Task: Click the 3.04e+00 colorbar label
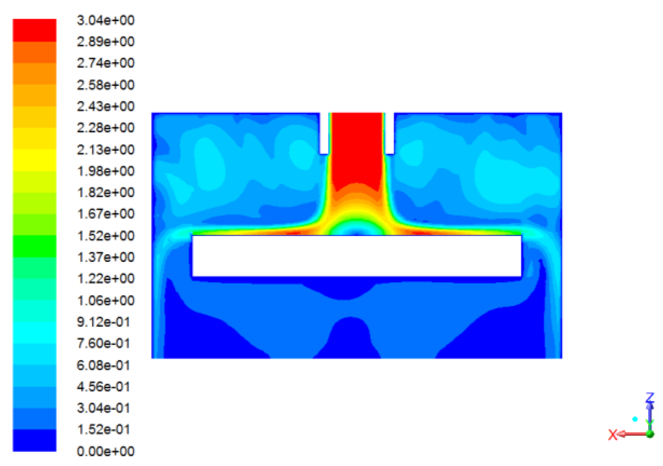tap(105, 20)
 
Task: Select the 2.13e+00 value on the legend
tap(105, 150)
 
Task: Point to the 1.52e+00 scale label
tap(105, 236)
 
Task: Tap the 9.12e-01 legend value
tap(103, 322)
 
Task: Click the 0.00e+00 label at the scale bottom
tap(105, 451)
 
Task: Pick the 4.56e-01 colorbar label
tap(103, 386)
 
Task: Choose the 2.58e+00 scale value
tap(105, 85)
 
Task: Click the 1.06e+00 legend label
tap(105, 300)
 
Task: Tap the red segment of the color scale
tap(34, 30)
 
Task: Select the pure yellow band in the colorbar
tap(34, 160)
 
